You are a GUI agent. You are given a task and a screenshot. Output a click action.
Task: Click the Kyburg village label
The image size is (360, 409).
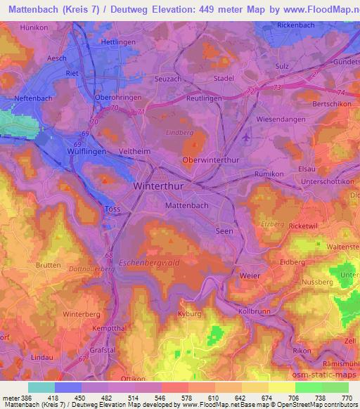coord(189,313)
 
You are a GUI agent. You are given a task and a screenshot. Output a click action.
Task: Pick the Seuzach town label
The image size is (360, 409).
coord(168,79)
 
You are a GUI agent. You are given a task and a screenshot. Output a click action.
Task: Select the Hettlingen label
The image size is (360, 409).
coord(118,42)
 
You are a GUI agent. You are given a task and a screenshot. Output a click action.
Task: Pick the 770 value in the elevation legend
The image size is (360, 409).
coord(347,398)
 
